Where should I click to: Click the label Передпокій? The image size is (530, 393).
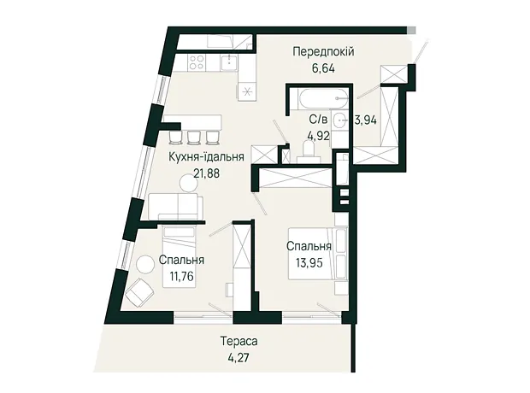coord(323,52)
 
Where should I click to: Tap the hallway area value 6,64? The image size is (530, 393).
coord(323,68)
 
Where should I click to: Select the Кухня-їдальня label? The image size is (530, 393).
coord(206,157)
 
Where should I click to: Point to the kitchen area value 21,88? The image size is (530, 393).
coord(207,173)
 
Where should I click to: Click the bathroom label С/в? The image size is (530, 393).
coord(318,120)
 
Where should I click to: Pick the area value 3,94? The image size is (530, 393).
coord(365,120)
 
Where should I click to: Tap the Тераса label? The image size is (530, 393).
coord(239,341)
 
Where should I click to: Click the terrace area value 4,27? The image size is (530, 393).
coord(238,357)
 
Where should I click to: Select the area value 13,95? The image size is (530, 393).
coord(309,262)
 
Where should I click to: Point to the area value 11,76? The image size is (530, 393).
coord(182,276)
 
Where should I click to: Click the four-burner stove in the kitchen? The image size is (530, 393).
coord(197,62)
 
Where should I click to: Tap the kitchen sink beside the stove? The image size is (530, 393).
coord(229,63)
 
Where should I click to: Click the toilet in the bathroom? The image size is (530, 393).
coord(308,151)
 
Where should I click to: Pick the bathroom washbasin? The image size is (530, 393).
coord(339,120)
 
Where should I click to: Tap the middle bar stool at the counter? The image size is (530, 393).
coord(194,137)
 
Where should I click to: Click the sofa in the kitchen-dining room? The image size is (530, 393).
coord(175,207)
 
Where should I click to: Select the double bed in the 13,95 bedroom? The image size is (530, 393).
coord(318,254)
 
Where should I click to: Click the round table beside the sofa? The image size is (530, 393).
coord(188,184)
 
